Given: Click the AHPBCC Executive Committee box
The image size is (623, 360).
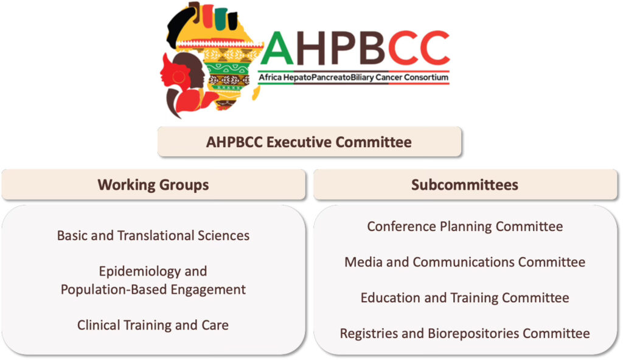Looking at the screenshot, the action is [309, 142].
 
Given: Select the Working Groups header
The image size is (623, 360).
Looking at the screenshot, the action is [153, 185].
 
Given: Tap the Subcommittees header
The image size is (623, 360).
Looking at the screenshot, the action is [465, 185].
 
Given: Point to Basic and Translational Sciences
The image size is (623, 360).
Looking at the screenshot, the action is [153, 235].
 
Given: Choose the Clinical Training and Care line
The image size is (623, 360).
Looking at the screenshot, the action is [153, 325].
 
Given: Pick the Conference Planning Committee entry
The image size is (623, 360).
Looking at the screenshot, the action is [465, 226].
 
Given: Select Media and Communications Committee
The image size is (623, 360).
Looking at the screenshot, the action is [465, 262].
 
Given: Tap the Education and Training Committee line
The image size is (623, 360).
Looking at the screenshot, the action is [465, 298].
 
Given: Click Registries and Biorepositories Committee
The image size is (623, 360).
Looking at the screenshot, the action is [465, 333].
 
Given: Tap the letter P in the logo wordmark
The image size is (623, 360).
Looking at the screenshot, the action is [345, 47].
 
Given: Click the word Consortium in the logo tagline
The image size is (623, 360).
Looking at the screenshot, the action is [426, 77].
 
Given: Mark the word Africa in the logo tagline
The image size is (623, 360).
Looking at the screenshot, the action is [270, 77].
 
